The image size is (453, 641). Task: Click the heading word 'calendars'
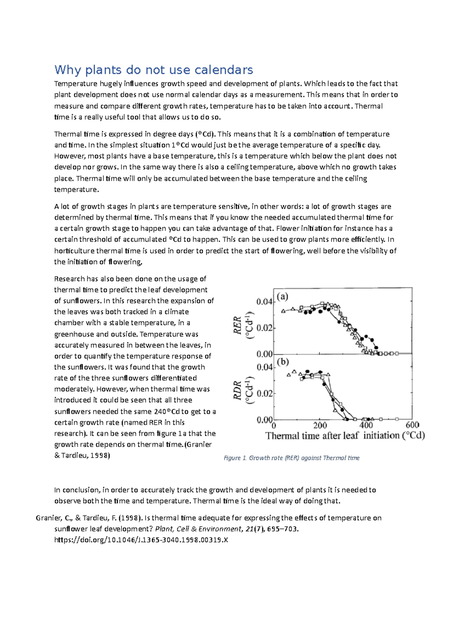coord(224,70)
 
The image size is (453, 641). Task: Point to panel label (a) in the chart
coord(283,296)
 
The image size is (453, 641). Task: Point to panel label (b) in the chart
coord(283,362)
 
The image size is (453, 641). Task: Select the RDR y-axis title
coord(237,390)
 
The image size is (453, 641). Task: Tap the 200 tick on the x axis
coord(320,425)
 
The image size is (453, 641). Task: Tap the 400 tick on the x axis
coord(366,425)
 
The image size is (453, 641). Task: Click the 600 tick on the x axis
coord(412,425)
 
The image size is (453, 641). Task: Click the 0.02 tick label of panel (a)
coord(264,328)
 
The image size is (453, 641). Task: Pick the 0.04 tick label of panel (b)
coord(264,367)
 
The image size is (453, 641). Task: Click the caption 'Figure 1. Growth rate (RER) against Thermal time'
coord(291,458)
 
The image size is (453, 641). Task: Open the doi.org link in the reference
coord(141,540)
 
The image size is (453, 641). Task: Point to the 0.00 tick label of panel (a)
coord(264,354)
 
